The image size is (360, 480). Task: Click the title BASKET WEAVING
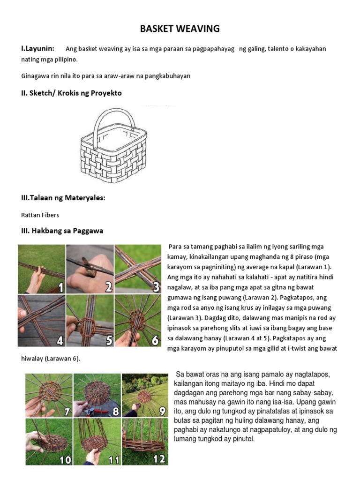(180, 29)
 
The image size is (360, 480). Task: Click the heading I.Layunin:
(37, 48)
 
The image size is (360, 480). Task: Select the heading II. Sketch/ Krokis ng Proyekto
(71, 93)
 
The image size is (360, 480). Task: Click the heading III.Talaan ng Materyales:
(63, 198)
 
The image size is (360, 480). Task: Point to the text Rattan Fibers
(40, 215)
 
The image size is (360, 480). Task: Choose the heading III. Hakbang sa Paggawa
(62, 231)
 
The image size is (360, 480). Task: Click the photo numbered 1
(41, 269)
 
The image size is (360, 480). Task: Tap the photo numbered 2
(90, 269)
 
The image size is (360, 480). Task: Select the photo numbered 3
(138, 269)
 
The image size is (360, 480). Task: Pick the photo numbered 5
(90, 321)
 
